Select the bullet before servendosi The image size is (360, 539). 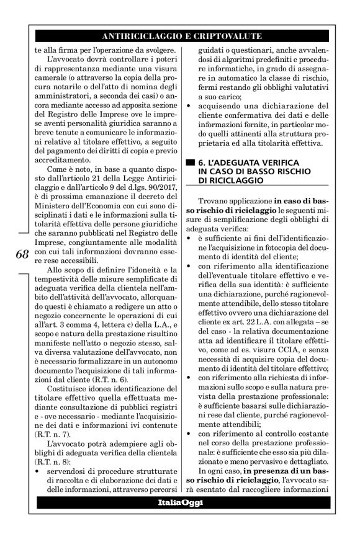(37, 462)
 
